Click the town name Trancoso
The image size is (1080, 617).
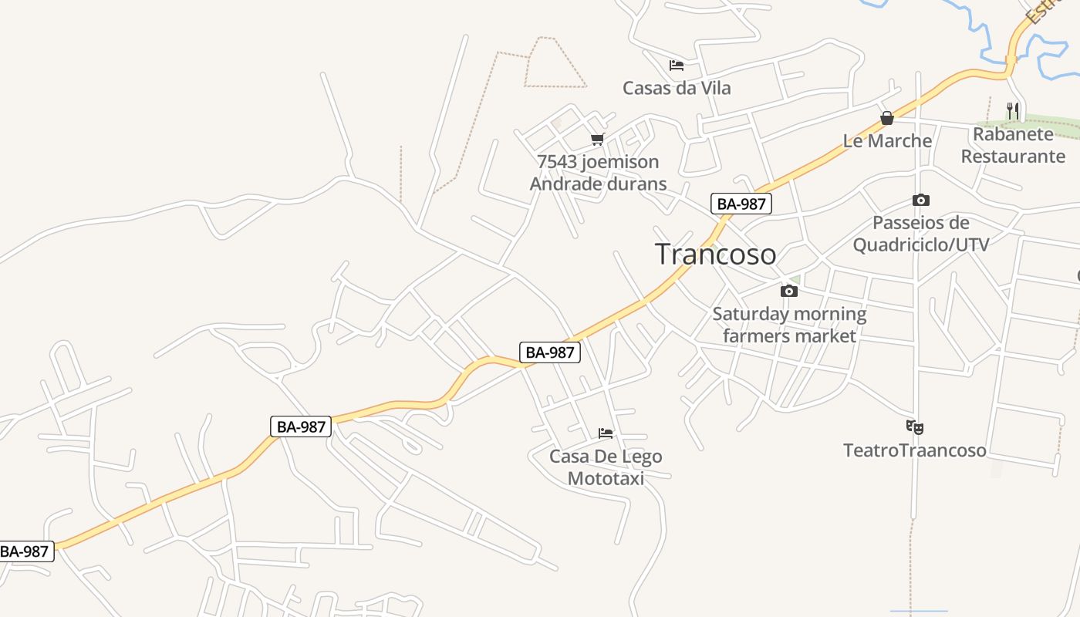pos(715,254)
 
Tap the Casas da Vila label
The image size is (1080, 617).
pos(677,88)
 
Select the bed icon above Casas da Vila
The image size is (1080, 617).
pos(677,66)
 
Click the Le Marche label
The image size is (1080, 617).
pos(887,141)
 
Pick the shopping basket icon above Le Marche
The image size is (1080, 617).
pos(887,119)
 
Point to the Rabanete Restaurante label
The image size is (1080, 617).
pos(1013,145)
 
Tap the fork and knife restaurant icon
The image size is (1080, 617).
pos(1013,111)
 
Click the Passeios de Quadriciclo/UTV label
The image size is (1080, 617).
pos(920,234)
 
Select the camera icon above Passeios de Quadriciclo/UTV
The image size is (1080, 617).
pos(920,201)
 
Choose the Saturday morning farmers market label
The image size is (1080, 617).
pos(789,325)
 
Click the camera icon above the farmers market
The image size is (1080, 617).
pos(788,291)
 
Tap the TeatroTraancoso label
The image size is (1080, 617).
pos(914,450)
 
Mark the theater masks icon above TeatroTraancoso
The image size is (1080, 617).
pos(915,427)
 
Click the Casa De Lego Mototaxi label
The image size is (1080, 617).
pos(606,467)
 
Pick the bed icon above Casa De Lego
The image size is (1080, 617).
pos(606,433)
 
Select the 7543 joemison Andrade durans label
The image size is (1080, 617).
pos(598,173)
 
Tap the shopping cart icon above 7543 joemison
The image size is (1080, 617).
pos(597,140)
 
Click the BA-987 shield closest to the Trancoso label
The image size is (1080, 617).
pos(741,204)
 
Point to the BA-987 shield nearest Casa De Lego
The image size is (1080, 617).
pos(549,352)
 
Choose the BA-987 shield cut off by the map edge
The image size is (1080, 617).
pos(25,551)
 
